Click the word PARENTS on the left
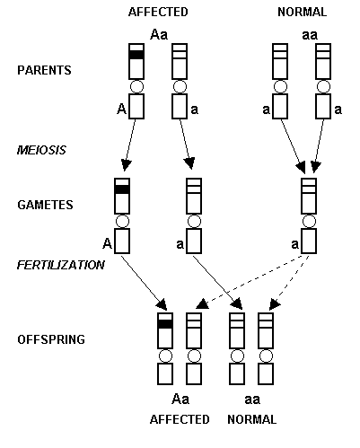coord(44,70)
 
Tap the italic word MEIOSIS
coord(41,150)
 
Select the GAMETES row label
coord(45,205)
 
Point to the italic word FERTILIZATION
coord(61,265)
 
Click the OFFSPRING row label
coord(51,339)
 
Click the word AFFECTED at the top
coord(158,12)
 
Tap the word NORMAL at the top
coord(302,12)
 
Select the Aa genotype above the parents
coord(159,34)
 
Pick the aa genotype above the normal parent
coord(310,35)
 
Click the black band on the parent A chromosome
coord(136,55)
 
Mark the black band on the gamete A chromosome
coord(122,189)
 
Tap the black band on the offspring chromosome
coord(165,324)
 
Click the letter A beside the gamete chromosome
coord(107,243)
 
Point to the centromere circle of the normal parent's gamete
coord(309,222)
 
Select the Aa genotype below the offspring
coord(180,400)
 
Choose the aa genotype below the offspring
coord(252,400)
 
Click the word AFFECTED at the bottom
coord(180,419)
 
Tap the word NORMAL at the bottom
coord(252,419)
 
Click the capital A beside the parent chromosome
coord(121,109)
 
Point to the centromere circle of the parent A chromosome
coord(136,87)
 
